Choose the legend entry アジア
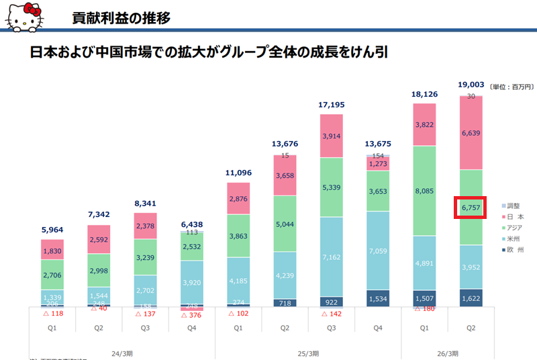click(516, 228)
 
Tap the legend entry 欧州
click(514, 250)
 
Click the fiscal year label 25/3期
click(308, 353)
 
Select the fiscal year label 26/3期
click(446, 353)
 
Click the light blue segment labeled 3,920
click(193, 283)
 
